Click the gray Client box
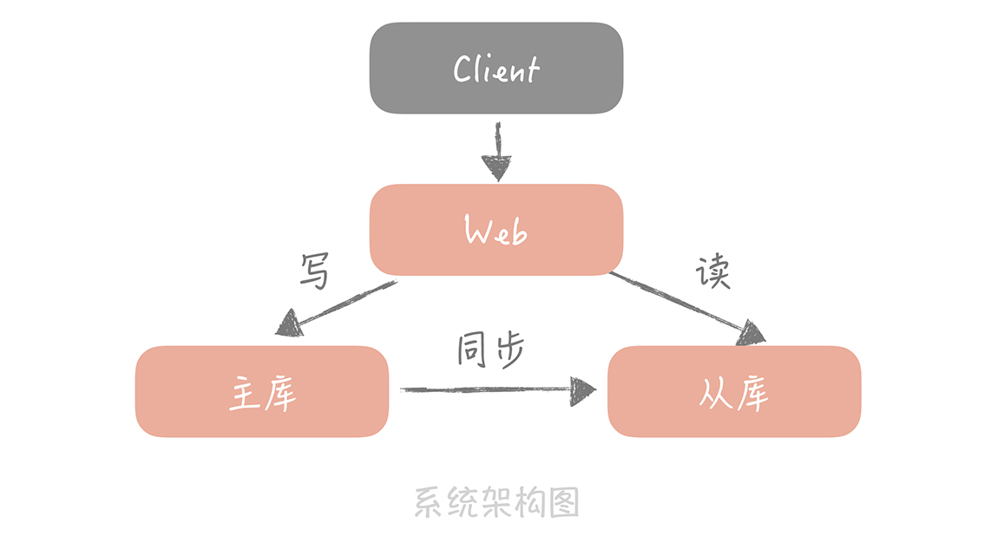click(x=495, y=68)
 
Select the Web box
click(x=495, y=230)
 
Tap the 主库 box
click(x=261, y=391)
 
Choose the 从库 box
click(x=733, y=391)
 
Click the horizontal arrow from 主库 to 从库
click(x=495, y=389)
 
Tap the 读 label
click(x=712, y=272)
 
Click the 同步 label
click(x=491, y=350)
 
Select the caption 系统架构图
click(x=495, y=502)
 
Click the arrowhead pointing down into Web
click(x=497, y=167)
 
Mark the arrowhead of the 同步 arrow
click(x=583, y=389)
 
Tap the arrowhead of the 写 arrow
click(x=289, y=325)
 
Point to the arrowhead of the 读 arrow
click(x=751, y=333)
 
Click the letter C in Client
click(x=463, y=69)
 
